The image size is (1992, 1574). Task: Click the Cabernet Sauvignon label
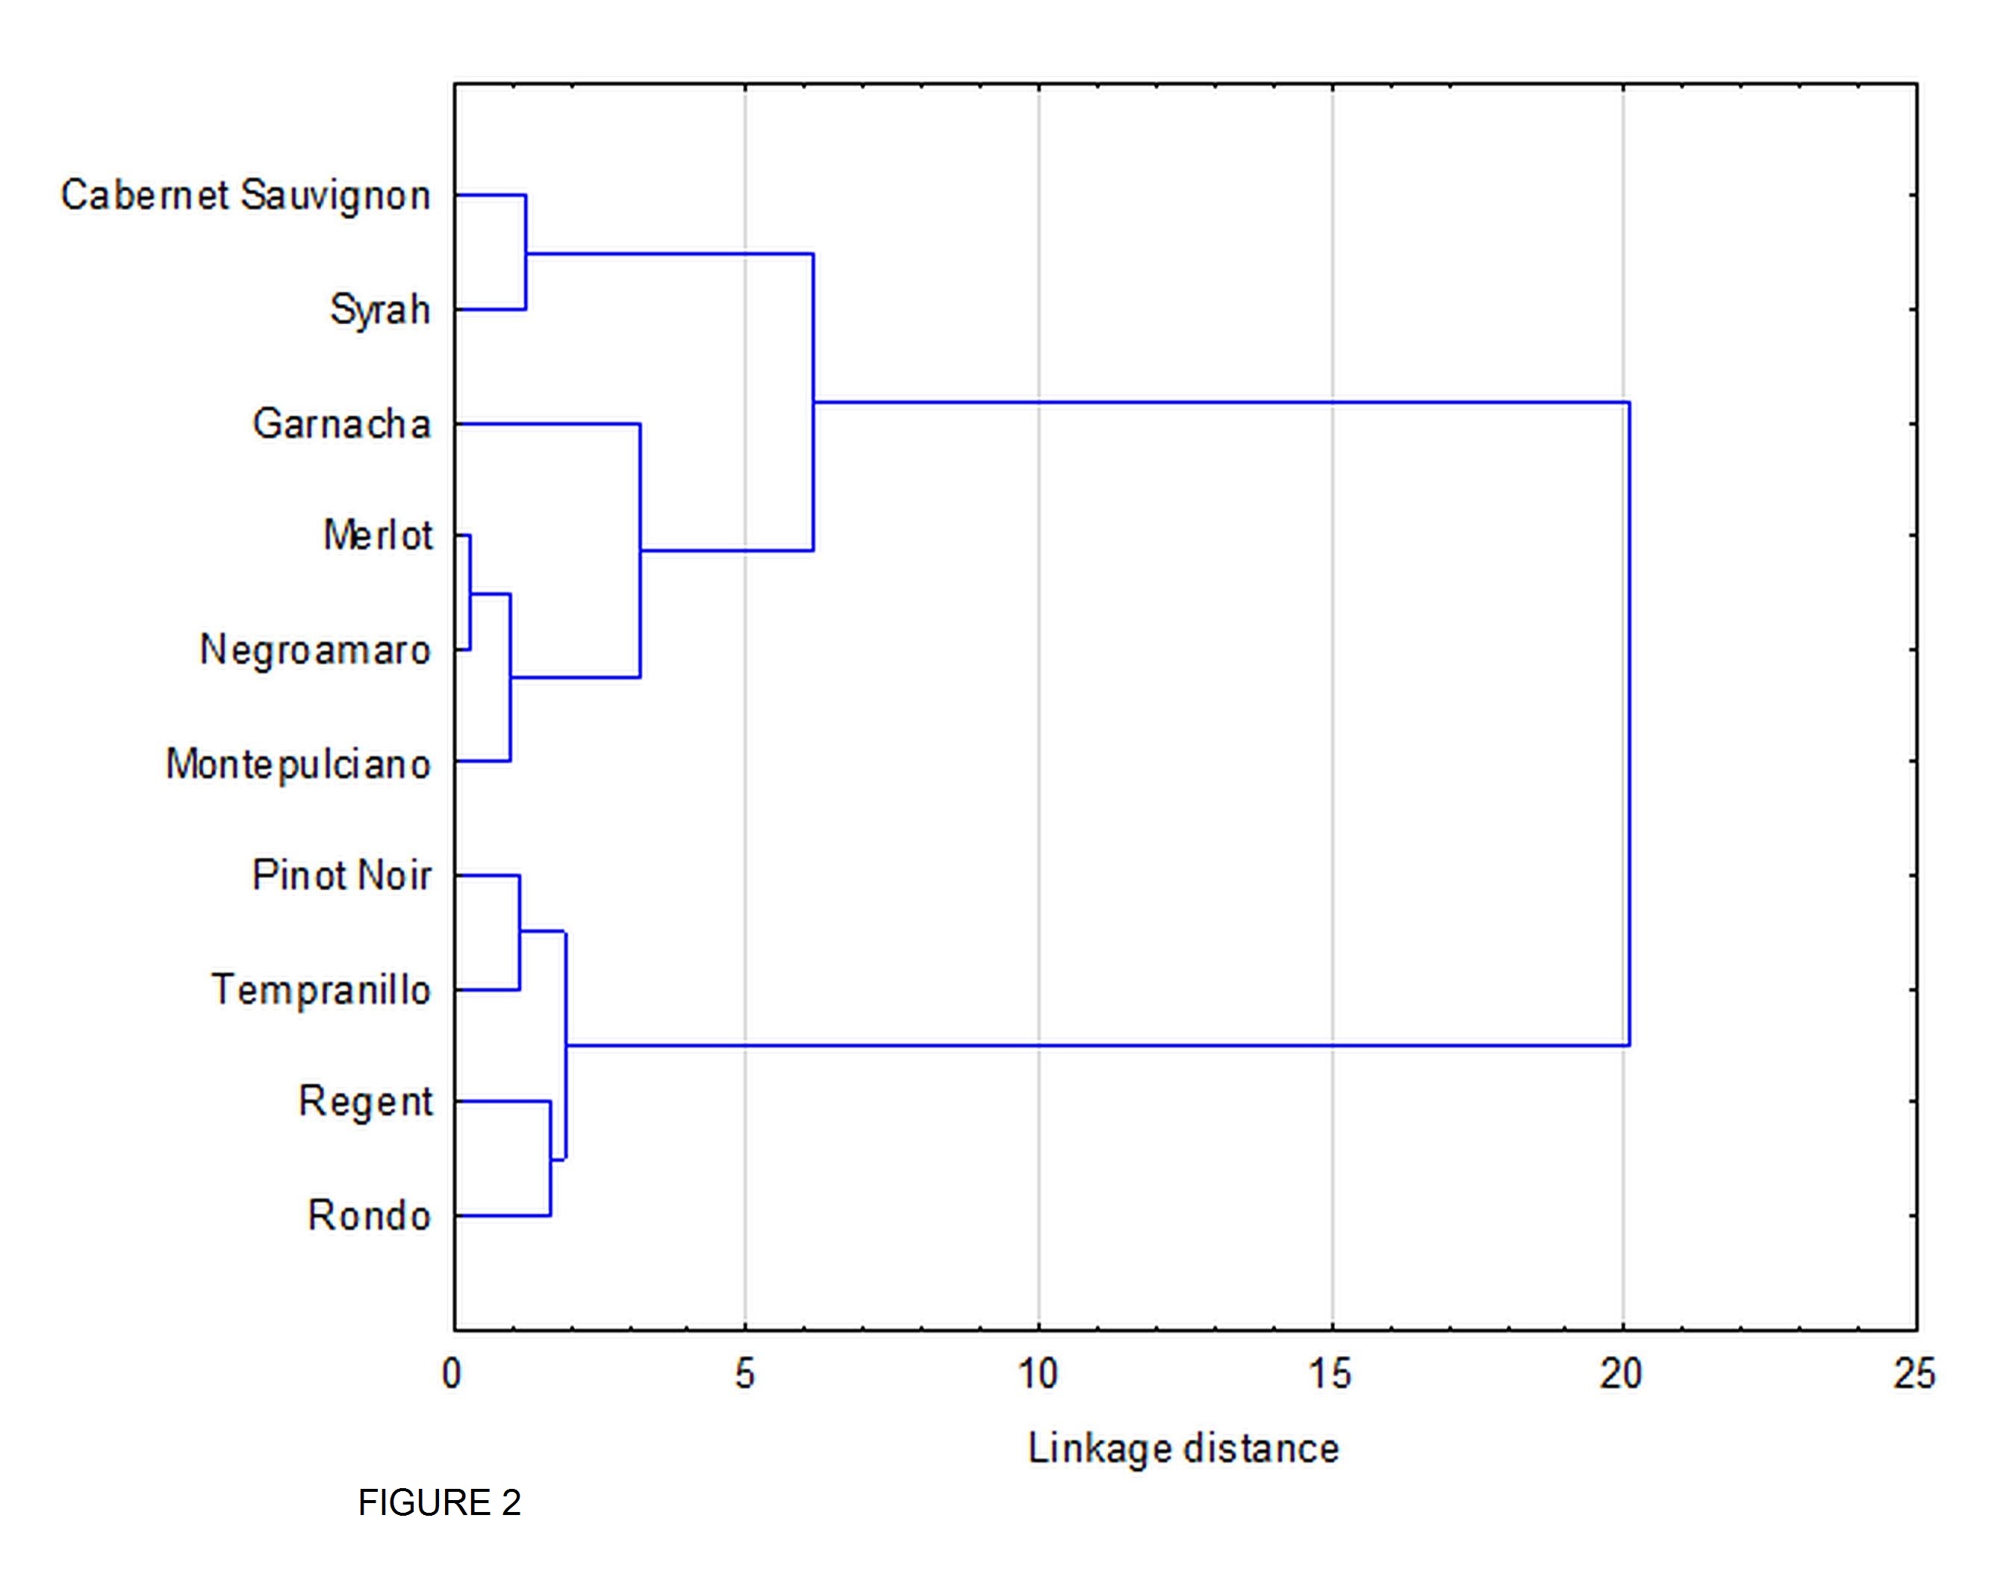tap(245, 196)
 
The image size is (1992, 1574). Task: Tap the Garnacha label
tap(341, 424)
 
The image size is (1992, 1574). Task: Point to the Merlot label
tap(377, 535)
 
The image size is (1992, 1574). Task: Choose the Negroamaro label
tap(315, 650)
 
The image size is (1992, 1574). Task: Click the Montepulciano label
tap(298, 764)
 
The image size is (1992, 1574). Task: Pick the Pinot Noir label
tap(341, 875)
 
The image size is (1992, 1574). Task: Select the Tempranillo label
tap(320, 991)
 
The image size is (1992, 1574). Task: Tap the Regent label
tap(365, 1102)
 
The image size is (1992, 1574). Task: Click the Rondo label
tap(369, 1216)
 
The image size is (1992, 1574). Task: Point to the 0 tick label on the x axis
tap(452, 1374)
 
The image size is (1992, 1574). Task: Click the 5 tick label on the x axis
tap(744, 1374)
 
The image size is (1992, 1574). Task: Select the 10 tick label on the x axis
tap(1038, 1374)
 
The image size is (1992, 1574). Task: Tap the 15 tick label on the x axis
tap(1330, 1374)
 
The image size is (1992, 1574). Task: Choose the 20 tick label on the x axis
tap(1622, 1374)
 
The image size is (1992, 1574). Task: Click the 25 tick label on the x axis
tap(1914, 1374)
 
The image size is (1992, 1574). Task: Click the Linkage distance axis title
tap(1183, 1449)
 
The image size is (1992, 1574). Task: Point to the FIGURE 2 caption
tap(440, 1503)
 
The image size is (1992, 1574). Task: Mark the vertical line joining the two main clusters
tap(1629, 724)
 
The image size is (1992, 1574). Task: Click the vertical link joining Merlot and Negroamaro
tap(470, 593)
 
